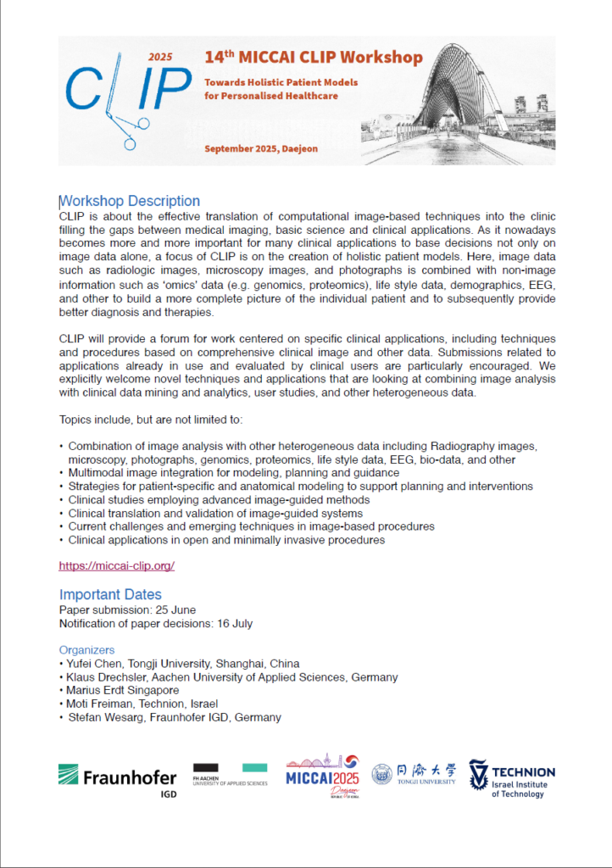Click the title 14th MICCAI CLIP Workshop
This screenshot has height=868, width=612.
coord(313,58)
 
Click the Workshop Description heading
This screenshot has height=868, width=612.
coord(130,201)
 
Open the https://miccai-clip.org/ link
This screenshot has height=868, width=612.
coord(116,565)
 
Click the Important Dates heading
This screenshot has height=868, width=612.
coord(110,594)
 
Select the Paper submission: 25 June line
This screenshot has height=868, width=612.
coord(127,609)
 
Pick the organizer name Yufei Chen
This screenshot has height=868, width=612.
coord(96,664)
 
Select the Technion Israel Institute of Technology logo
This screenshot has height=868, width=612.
coord(512,778)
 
